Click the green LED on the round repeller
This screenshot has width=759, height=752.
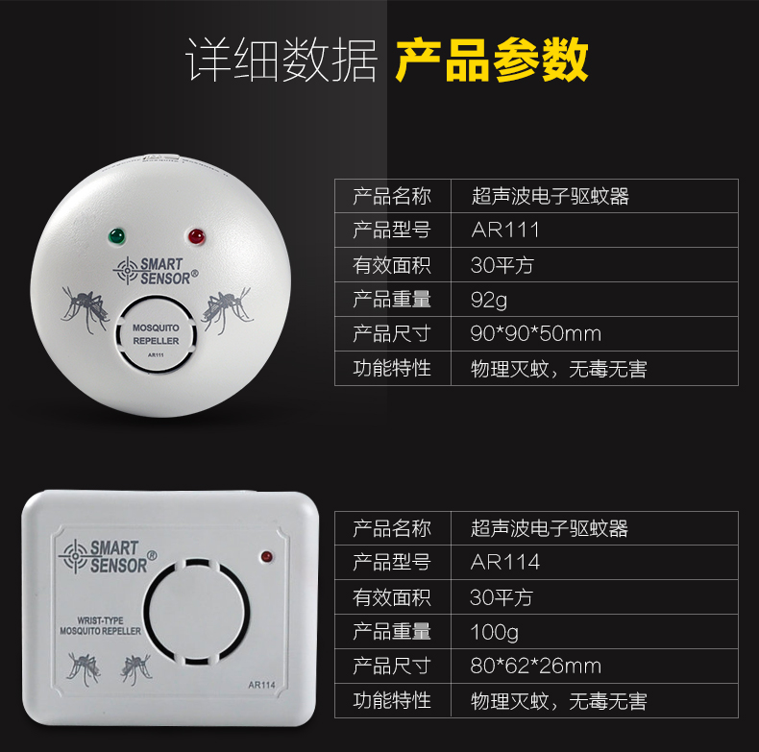(x=117, y=236)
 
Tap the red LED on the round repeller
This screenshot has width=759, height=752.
(x=197, y=237)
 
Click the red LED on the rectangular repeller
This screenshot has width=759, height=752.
(x=266, y=556)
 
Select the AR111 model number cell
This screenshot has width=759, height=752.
(x=505, y=230)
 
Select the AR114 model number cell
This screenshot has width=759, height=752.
(x=505, y=562)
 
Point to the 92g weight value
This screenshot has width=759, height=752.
(x=489, y=300)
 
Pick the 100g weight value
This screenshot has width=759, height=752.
(x=494, y=633)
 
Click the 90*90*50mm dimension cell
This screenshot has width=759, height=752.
(x=536, y=334)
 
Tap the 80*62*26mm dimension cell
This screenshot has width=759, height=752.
(x=536, y=667)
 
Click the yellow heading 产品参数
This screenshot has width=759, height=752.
(x=492, y=60)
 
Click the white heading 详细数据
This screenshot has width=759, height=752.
(x=282, y=60)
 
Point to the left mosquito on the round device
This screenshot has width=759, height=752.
(x=85, y=309)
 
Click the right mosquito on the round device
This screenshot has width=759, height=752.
(x=227, y=310)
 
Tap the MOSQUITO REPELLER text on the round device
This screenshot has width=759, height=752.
(x=156, y=334)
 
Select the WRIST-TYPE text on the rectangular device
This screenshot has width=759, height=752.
(x=100, y=620)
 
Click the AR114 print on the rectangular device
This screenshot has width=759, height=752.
(x=261, y=685)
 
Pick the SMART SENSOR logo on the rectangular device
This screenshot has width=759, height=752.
(x=108, y=556)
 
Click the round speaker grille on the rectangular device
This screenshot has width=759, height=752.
(x=197, y=612)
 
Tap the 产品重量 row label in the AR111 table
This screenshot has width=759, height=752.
(x=392, y=300)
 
